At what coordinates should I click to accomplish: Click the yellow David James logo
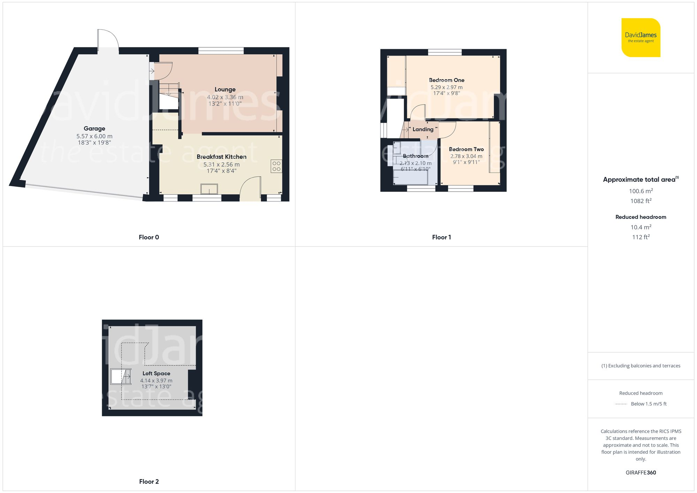(x=641, y=38)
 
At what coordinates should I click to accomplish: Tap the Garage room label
(x=94, y=129)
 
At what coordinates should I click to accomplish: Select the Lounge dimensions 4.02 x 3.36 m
(x=225, y=97)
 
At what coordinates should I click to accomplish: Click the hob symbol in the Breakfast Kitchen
(x=276, y=166)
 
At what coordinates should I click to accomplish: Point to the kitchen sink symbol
(x=209, y=189)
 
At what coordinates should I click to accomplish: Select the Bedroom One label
(x=446, y=80)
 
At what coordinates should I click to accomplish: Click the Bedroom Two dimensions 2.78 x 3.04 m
(x=466, y=156)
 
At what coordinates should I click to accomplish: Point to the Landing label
(x=423, y=129)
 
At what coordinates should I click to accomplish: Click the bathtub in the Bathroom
(x=410, y=177)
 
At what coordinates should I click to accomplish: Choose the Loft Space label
(x=156, y=373)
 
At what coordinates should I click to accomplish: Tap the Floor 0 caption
(x=149, y=237)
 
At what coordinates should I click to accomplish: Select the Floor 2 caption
(x=149, y=482)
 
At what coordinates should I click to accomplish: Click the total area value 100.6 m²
(x=641, y=191)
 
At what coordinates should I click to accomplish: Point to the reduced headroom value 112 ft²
(x=641, y=237)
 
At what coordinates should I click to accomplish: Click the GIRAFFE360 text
(x=641, y=472)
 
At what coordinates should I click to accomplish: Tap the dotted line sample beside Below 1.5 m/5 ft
(x=621, y=404)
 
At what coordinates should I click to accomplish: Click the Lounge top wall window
(x=221, y=51)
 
